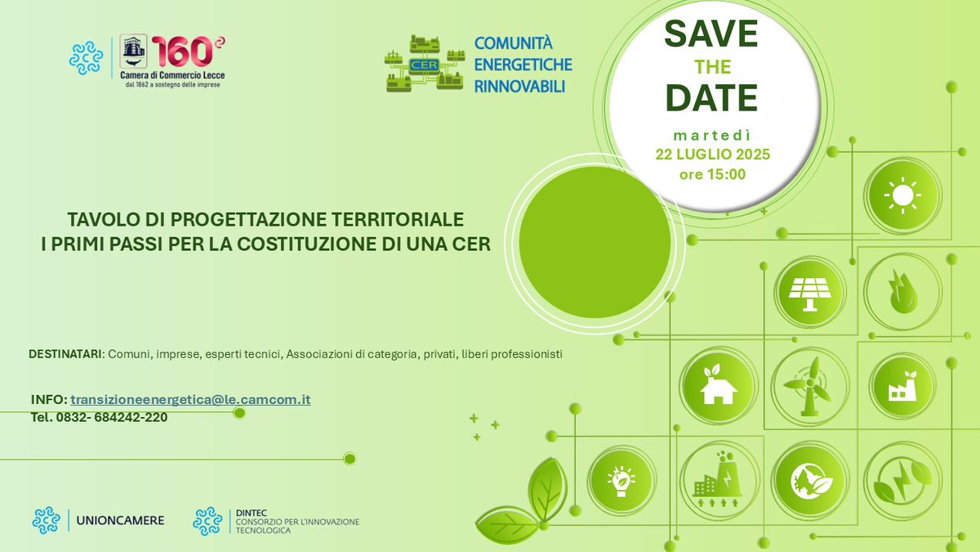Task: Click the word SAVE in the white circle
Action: click(x=711, y=34)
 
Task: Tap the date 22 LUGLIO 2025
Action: click(x=711, y=154)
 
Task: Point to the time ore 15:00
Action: click(x=711, y=174)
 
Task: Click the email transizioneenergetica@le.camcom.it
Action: click(x=190, y=399)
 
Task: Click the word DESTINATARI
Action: click(x=66, y=354)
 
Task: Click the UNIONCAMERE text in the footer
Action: click(x=120, y=520)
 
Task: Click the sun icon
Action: click(x=902, y=196)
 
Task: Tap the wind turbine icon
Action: click(x=808, y=385)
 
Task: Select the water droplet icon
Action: click(x=902, y=292)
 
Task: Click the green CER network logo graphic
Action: click(x=424, y=63)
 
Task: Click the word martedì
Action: click(x=711, y=133)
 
